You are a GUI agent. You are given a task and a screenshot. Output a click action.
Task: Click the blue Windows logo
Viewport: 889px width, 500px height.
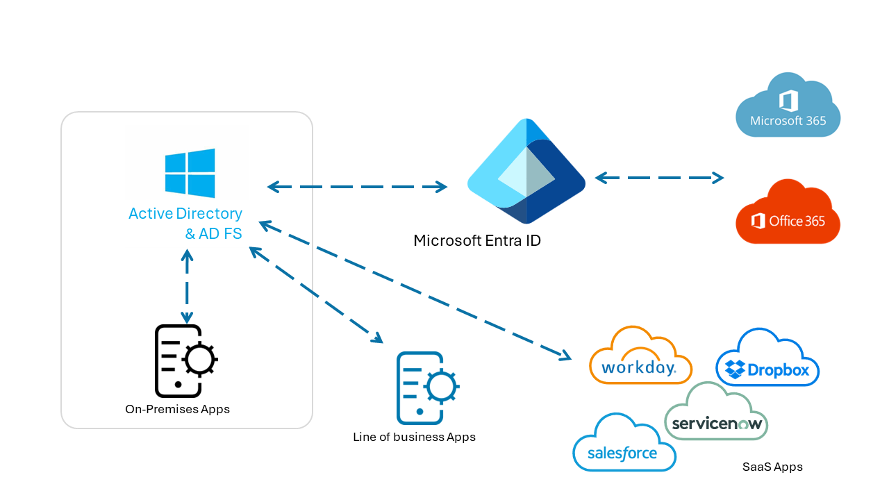click(190, 173)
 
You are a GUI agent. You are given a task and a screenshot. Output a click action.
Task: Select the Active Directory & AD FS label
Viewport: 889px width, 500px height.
click(185, 223)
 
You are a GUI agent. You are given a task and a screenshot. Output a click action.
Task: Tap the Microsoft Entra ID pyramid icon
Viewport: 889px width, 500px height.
click(526, 172)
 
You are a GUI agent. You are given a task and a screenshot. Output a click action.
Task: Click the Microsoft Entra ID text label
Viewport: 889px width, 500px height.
click(476, 241)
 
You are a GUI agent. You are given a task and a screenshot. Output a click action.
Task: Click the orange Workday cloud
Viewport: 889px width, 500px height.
click(640, 357)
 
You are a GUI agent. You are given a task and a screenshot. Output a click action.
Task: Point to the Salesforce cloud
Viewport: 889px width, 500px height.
click(623, 444)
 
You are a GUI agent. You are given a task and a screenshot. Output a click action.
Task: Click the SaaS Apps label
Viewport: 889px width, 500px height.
click(772, 467)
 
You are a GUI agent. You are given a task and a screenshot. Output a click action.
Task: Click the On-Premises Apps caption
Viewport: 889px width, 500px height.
click(177, 409)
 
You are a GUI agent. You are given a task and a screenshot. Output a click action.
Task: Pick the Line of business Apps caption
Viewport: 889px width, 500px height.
click(414, 437)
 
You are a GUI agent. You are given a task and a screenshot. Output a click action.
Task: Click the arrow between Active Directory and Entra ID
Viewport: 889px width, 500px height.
click(358, 186)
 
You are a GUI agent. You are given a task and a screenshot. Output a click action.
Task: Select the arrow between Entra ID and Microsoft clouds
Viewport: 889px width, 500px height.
click(659, 178)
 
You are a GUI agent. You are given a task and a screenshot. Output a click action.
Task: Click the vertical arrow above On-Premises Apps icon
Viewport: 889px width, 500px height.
click(186, 285)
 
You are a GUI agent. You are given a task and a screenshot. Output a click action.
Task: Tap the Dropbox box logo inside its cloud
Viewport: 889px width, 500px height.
click(735, 369)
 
